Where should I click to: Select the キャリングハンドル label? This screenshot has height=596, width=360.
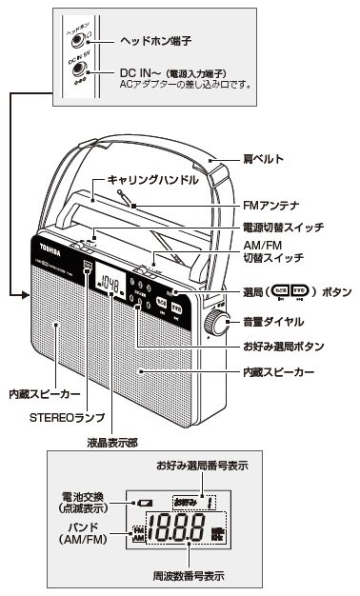point(138,178)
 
